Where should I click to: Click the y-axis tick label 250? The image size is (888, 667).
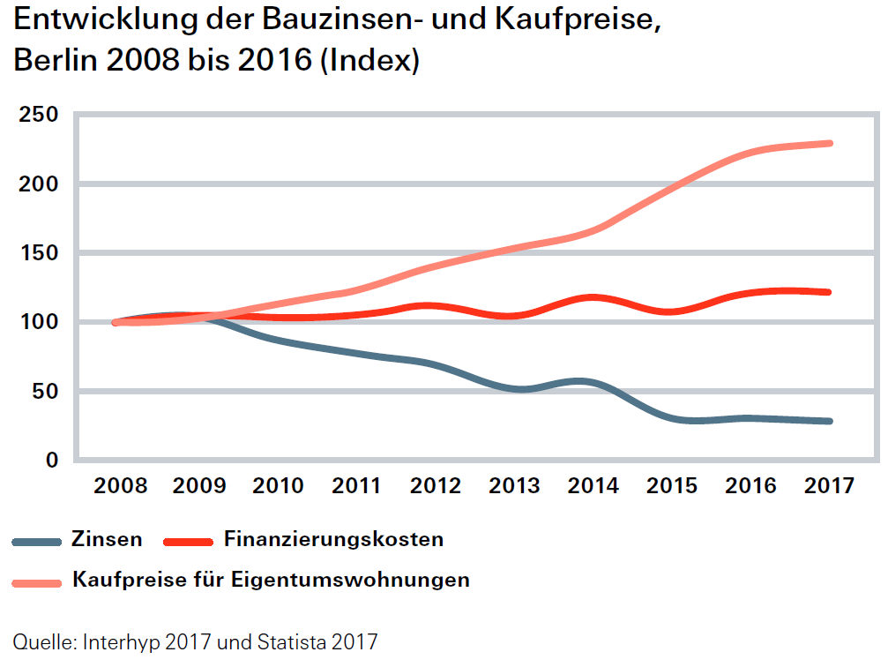[38, 115]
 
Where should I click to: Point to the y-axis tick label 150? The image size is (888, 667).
[38, 253]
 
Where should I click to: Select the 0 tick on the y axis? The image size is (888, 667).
[52, 460]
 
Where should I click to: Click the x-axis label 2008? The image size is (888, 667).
[121, 486]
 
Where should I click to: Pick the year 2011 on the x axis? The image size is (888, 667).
[357, 486]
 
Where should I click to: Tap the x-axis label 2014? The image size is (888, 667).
[593, 486]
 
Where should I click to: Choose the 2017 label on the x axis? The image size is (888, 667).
[829, 486]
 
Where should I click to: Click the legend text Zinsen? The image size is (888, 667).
[106, 539]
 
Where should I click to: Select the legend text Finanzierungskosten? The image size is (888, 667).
[333, 539]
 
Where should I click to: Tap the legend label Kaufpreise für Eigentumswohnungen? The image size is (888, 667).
[271, 581]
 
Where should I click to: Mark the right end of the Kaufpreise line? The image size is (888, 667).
[829, 143]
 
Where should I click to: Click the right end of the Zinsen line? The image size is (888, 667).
[829, 421]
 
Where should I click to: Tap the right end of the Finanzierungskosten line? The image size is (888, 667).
[829, 292]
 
